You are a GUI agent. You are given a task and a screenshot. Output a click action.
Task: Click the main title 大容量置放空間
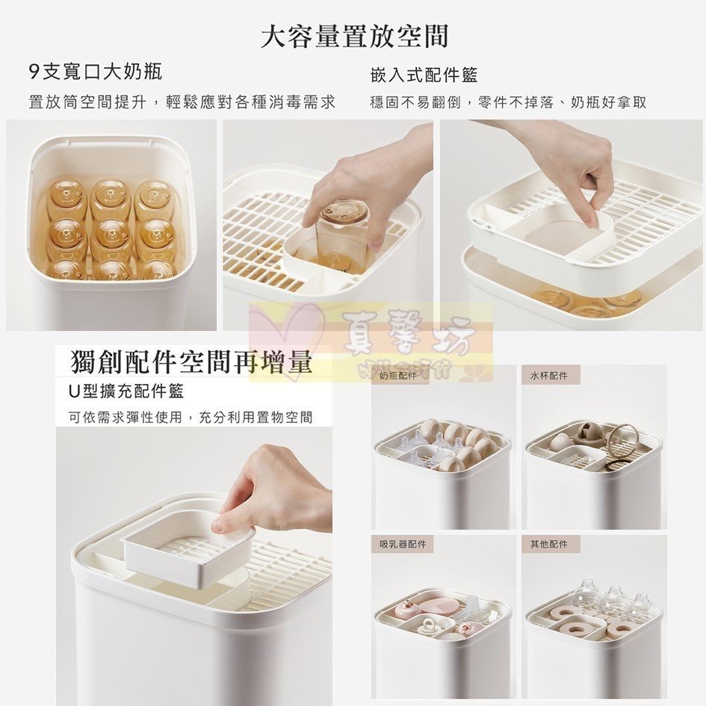pyautogui.click(x=354, y=36)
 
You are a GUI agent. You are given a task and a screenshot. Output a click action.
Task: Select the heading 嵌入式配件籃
pyautogui.click(x=424, y=75)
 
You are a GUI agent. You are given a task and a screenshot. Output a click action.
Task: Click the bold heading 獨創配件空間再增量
pyautogui.click(x=191, y=362)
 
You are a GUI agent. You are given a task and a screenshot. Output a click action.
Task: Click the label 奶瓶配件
pyautogui.click(x=397, y=376)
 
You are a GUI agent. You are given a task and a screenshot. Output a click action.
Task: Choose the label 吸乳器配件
pyautogui.click(x=402, y=544)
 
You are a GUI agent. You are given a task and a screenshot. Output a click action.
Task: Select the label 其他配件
pyautogui.click(x=548, y=544)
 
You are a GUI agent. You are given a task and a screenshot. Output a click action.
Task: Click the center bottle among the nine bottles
pyautogui.click(x=111, y=238)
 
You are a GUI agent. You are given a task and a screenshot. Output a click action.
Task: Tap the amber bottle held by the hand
pyautogui.click(x=343, y=232)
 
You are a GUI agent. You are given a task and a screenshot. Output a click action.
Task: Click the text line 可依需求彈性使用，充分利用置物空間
pyautogui.click(x=191, y=418)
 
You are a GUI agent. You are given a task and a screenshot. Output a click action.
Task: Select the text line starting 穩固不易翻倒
pyautogui.click(x=508, y=102)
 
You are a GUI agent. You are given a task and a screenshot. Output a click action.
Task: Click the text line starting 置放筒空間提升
pyautogui.click(x=182, y=102)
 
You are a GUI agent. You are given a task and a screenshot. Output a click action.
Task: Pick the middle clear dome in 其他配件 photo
pyautogui.click(x=615, y=598)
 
